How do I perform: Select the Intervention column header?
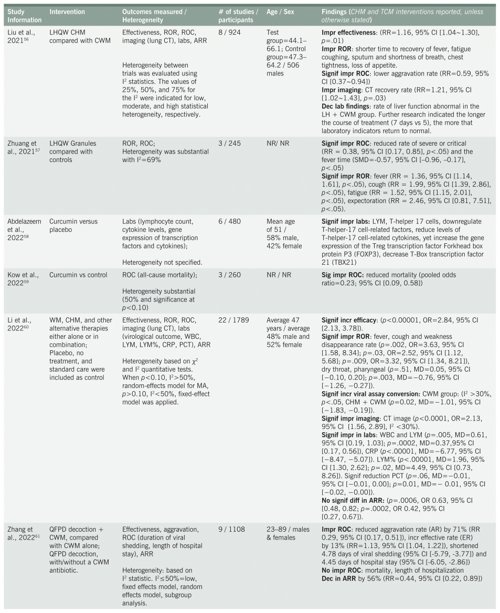67,12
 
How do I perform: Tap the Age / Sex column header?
280,12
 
